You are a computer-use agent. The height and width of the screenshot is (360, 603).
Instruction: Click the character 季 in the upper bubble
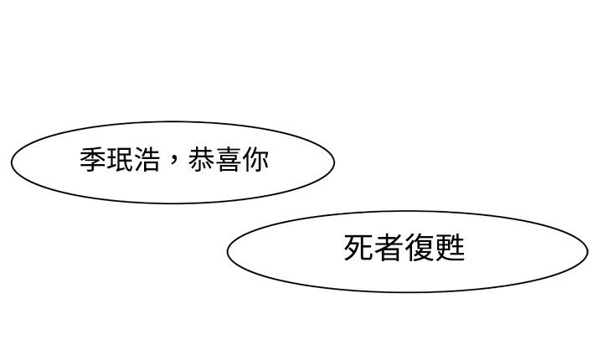click(x=93, y=160)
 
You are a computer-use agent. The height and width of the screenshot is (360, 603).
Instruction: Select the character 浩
click(x=147, y=160)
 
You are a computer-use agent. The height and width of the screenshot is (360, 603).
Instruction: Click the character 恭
click(x=201, y=160)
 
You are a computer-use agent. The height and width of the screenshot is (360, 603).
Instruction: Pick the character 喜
click(x=228, y=160)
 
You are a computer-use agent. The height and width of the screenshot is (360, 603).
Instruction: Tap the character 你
click(x=255, y=160)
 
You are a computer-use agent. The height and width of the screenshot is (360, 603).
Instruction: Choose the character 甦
click(x=450, y=248)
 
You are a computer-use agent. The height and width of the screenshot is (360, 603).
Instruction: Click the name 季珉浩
click(x=120, y=160)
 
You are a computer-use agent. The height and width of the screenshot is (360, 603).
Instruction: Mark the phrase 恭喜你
click(x=228, y=160)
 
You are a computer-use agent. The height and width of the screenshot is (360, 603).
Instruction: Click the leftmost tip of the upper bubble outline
click(x=12, y=162)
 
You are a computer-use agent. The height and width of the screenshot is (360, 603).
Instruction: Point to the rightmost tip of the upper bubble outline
click(x=334, y=162)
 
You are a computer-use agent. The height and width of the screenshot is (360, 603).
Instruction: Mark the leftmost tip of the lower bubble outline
click(x=227, y=251)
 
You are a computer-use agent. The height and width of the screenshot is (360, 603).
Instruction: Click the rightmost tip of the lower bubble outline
click(x=588, y=251)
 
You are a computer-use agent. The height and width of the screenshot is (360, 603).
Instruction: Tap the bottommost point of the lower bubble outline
click(x=408, y=292)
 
